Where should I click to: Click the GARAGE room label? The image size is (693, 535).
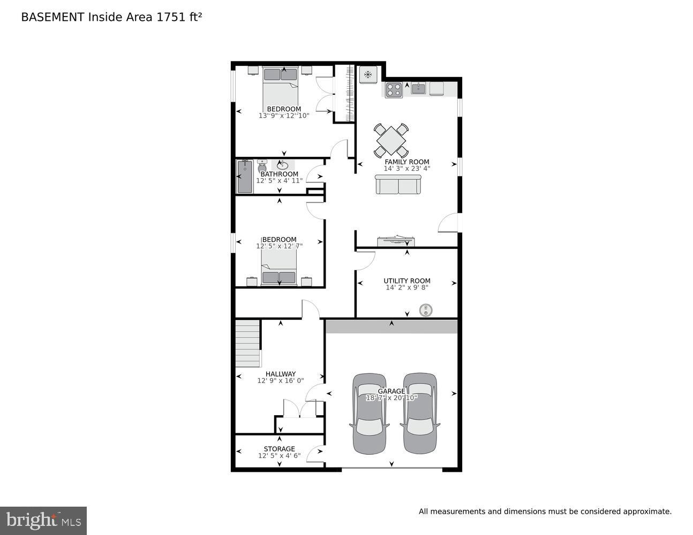[393, 391]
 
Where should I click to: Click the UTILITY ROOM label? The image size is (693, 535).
[406, 281]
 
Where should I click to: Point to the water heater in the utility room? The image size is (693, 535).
[426, 310]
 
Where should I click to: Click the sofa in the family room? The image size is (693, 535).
[397, 185]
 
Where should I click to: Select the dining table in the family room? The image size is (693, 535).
[391, 141]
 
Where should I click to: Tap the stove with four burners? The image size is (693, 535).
[393, 90]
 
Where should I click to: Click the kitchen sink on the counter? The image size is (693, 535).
[418, 88]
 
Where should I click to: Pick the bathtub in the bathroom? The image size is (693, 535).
[245, 177]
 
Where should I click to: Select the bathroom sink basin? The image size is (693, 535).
[283, 165]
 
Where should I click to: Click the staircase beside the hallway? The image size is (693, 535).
[247, 343]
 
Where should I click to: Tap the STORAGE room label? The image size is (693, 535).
[279, 449]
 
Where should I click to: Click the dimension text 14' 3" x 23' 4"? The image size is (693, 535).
[406, 169]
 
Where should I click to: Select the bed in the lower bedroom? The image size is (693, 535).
[278, 267]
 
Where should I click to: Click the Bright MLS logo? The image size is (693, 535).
[43, 520]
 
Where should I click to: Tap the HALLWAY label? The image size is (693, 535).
[280, 374]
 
